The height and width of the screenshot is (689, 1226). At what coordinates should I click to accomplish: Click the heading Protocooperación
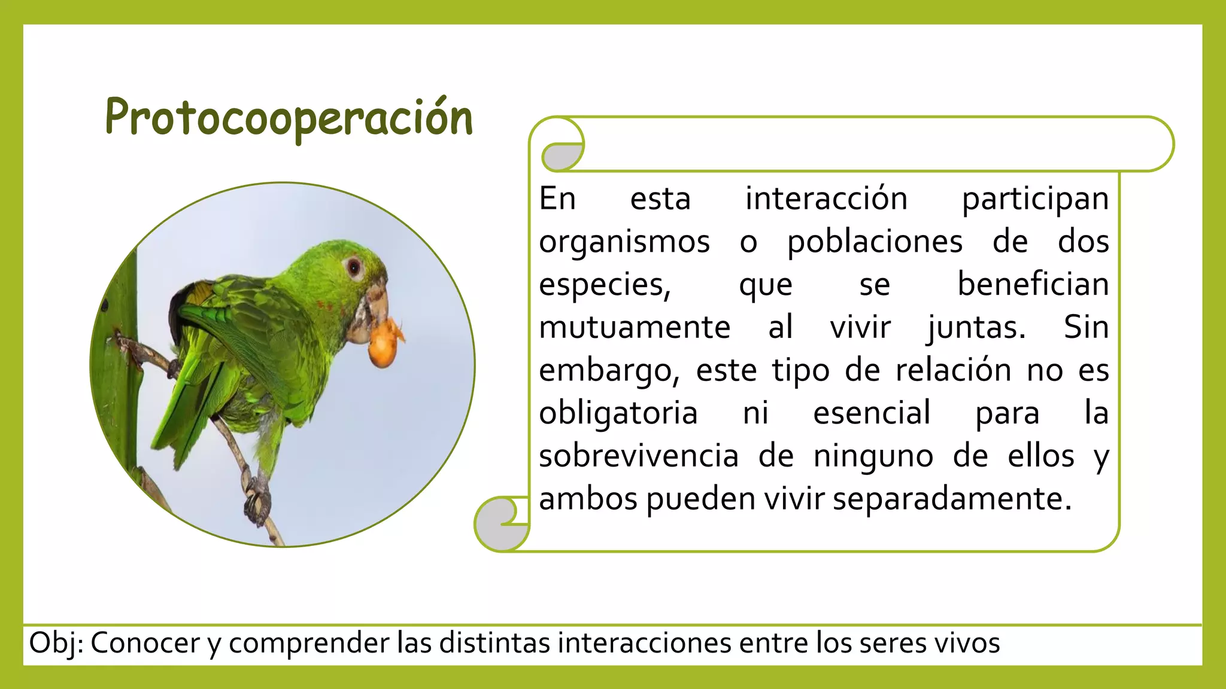pyautogui.click(x=289, y=118)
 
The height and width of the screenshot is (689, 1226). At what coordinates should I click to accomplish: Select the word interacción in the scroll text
pyautogui.click(x=826, y=199)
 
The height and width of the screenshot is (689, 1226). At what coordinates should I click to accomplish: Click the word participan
pyautogui.click(x=1035, y=199)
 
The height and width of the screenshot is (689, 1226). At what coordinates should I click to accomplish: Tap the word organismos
pyautogui.click(x=624, y=242)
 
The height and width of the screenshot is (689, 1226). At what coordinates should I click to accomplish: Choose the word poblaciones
pyautogui.click(x=875, y=242)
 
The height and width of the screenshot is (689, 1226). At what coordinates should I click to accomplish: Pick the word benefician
pyautogui.click(x=1033, y=284)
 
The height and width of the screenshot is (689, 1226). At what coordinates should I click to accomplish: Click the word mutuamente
pyautogui.click(x=635, y=328)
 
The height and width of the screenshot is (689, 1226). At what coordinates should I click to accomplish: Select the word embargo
pyautogui.click(x=608, y=371)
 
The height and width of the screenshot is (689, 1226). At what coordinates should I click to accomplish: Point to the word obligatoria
pyautogui.click(x=618, y=413)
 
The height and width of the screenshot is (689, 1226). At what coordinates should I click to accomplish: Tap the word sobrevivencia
pyautogui.click(x=639, y=456)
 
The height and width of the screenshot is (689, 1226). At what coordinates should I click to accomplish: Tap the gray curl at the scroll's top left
pyautogui.click(x=562, y=157)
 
